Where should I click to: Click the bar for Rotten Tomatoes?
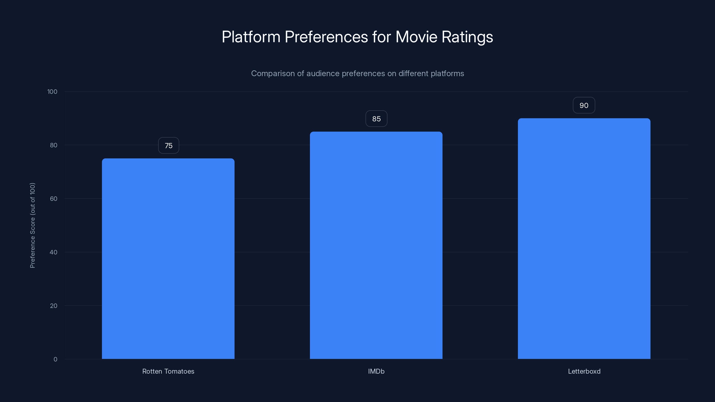pos(168,259)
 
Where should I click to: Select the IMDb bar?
pos(376,245)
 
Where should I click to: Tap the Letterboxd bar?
pos(584,239)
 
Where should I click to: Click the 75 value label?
pos(168,145)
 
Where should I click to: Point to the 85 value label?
pos(376,119)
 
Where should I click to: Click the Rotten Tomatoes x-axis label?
pos(168,371)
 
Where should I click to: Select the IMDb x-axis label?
pos(376,371)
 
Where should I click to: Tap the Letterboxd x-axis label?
pos(584,371)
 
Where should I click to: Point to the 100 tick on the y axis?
pos(52,92)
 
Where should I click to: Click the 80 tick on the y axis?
pos(54,145)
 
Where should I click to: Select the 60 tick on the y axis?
pos(54,199)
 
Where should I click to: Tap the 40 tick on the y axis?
pos(54,252)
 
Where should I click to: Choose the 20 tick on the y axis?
pos(54,306)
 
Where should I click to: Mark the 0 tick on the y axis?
pos(55,359)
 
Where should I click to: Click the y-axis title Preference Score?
pos(32,225)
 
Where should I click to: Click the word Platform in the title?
pos(251,37)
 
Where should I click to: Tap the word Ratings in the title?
pos(467,37)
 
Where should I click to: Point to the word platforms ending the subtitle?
pos(447,73)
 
